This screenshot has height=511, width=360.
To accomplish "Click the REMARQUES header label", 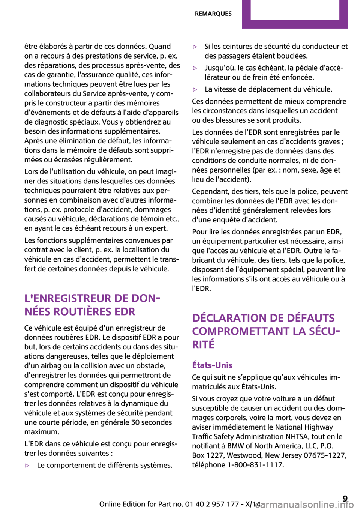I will (x=213, y=14).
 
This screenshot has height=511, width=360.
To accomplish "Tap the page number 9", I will (x=345, y=499).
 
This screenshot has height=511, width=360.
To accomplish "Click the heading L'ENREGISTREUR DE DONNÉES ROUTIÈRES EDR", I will (x=90, y=305).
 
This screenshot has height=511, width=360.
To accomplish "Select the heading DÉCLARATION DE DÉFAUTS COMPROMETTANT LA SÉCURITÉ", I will (x=266, y=331).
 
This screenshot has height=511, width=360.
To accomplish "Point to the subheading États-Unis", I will (x=212, y=365).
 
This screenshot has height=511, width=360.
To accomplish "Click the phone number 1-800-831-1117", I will (x=255, y=465).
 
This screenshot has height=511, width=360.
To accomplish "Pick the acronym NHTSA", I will (x=296, y=437).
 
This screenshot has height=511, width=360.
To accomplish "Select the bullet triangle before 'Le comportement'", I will (x=27, y=466).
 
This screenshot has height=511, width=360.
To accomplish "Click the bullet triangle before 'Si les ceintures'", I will (x=195, y=47).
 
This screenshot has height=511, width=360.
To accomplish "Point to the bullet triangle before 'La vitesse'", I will (x=195, y=90).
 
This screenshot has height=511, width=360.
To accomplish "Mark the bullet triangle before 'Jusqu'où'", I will (x=195, y=68).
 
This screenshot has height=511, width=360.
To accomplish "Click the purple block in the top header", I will (x=295, y=14).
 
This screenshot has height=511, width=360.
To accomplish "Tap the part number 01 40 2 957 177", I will (x=212, y=504).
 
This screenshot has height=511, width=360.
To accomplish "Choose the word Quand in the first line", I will (x=160, y=47).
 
